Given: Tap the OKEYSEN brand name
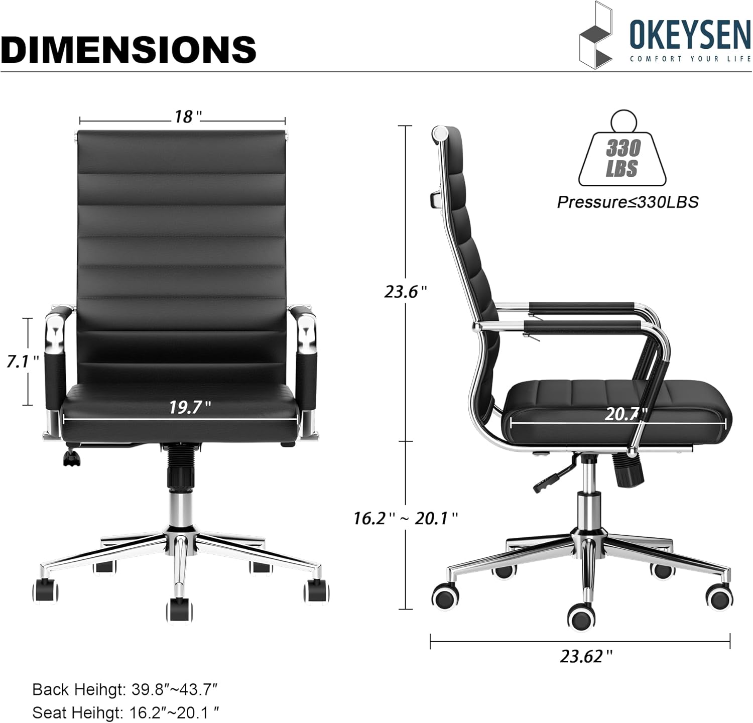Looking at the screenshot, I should coord(690,36).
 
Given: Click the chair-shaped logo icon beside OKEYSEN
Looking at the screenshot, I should coord(596,36).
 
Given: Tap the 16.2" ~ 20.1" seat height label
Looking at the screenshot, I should coord(405,518).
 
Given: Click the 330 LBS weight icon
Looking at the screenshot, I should coord(622,153).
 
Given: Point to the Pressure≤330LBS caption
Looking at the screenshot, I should coord(627,202).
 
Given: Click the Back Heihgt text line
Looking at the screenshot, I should coord(124,689).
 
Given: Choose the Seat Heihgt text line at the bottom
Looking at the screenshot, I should coord(125,712).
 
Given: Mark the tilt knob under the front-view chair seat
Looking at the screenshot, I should coord(72,458).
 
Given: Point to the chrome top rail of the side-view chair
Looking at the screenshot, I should coord(440,134).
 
